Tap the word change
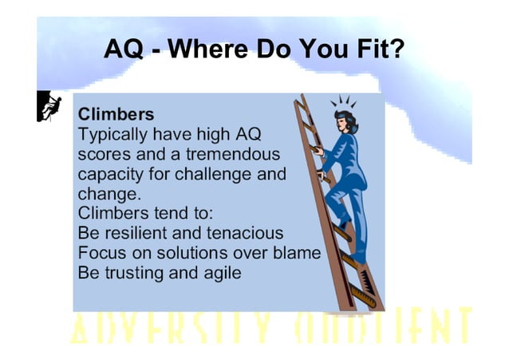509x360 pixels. point(109,193)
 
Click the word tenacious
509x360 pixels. point(244,233)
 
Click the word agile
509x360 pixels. point(220,273)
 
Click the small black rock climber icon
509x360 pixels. point(50,107)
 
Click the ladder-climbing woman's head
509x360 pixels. point(345,120)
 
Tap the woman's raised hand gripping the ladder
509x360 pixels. point(317,149)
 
